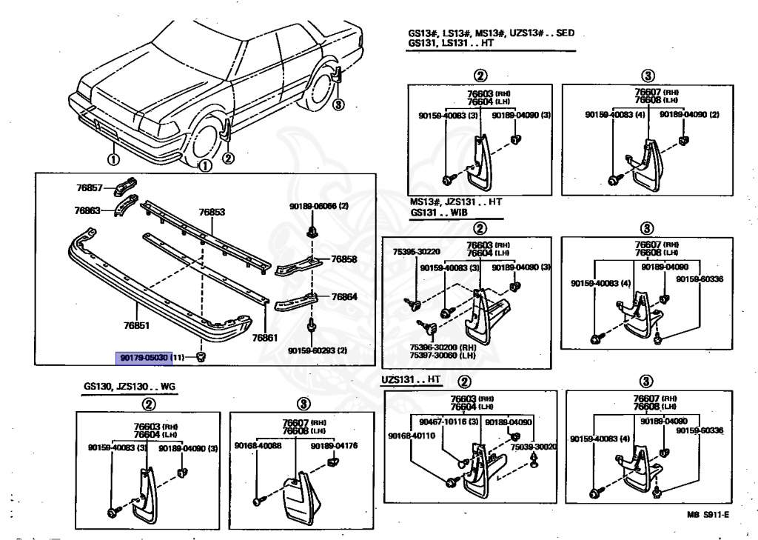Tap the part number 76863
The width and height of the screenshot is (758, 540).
click(x=87, y=210)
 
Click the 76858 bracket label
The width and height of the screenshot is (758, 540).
click(x=344, y=259)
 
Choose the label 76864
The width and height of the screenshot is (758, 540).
click(x=344, y=296)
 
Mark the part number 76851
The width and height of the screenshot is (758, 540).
click(x=136, y=324)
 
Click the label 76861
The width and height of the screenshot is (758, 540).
click(x=264, y=338)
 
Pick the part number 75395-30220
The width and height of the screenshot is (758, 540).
click(x=411, y=252)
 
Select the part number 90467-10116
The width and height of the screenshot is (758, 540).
click(x=445, y=421)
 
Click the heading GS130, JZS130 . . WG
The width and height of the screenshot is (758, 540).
click(x=127, y=387)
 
